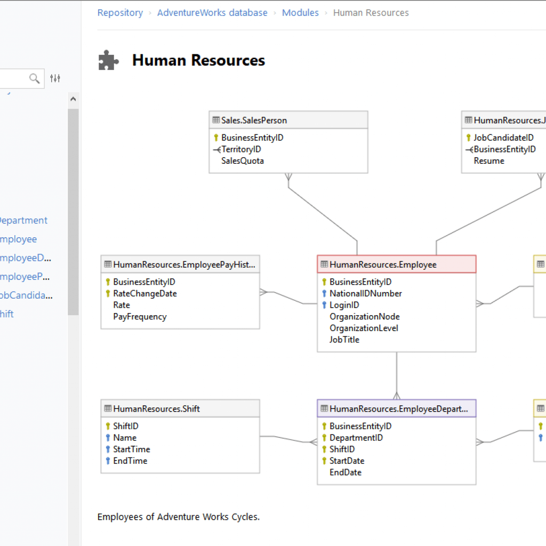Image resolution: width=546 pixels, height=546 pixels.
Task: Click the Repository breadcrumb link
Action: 120,13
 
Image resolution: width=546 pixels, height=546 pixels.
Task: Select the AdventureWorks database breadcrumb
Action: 212,13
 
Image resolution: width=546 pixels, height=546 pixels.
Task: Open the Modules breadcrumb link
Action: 300,13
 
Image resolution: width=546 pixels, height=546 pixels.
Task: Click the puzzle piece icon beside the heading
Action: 109,60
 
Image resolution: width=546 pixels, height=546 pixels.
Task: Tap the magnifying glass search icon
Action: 35,79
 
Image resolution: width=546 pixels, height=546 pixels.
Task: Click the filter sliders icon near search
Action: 55,79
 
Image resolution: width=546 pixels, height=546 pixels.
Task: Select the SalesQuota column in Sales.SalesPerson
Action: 243,160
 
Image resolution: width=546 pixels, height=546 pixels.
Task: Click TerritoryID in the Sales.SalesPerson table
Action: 241,149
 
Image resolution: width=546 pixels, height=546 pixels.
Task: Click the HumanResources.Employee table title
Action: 383,264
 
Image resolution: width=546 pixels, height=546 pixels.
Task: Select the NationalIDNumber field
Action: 365,293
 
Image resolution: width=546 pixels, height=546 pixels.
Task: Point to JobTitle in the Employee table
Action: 344,340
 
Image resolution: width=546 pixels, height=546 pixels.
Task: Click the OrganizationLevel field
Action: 364,328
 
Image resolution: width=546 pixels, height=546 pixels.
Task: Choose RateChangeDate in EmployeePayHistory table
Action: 144,293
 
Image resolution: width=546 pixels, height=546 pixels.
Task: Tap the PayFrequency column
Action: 140,317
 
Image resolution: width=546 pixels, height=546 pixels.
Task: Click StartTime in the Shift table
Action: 131,449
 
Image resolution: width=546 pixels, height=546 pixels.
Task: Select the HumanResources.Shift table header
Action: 157,408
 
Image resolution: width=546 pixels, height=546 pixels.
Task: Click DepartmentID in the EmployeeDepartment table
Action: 356,438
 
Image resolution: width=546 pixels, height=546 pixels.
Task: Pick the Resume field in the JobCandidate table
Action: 489,160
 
